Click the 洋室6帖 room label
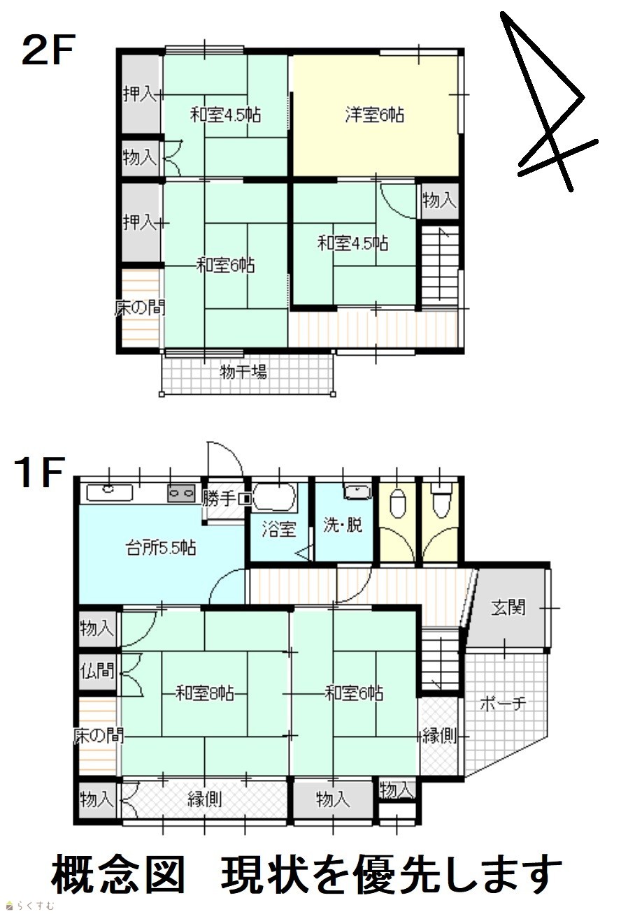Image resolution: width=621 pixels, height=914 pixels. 374,115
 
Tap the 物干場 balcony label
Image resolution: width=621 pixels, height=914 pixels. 243,372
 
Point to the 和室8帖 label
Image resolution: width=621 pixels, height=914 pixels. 204,693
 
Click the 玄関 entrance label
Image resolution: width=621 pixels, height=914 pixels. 508,607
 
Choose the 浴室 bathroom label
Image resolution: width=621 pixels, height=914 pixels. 278,530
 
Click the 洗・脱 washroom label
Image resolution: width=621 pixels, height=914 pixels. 342,525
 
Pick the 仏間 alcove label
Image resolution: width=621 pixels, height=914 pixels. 97,670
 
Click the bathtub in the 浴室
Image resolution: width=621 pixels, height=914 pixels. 273,498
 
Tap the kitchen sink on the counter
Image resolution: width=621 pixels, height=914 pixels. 109,493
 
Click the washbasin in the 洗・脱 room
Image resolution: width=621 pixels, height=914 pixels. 357,492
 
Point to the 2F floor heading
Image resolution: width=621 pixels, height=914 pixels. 48,50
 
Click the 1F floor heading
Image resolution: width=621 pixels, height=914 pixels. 40,472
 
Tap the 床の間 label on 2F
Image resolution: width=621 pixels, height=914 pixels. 140,307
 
